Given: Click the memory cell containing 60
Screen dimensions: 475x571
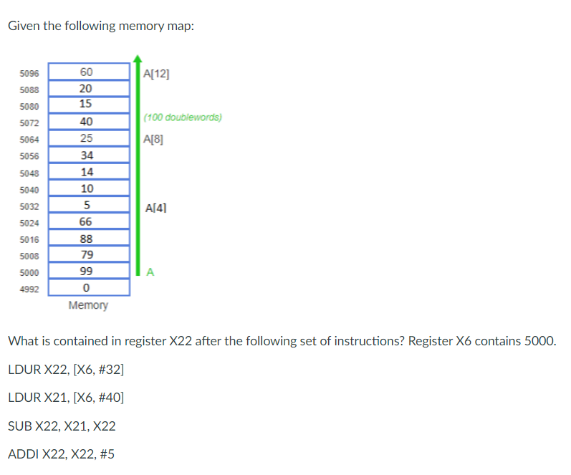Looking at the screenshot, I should point(88,72).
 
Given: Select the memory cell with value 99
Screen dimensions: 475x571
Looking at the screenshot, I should point(88,272).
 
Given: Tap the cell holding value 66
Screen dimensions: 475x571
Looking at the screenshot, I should point(88,222).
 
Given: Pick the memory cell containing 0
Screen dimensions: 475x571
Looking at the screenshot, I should point(88,288).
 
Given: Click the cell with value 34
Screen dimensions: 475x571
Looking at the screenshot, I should point(88,155).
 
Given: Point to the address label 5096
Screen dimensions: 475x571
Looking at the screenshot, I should point(29,73).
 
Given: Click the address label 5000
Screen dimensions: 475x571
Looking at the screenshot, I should point(29,273).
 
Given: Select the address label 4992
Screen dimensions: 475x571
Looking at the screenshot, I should point(29,289).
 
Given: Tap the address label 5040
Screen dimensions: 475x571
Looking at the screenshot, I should point(29,190).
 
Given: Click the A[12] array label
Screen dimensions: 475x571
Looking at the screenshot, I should point(156,73).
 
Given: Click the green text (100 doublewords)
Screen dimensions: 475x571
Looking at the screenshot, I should point(182,117).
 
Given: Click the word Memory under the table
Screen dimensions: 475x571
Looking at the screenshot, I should point(88,305).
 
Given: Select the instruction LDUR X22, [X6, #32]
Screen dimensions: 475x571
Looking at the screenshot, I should point(65,370).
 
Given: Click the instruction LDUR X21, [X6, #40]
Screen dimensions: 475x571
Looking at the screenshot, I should point(65,398).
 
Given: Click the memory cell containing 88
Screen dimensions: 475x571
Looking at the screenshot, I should point(88,239).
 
